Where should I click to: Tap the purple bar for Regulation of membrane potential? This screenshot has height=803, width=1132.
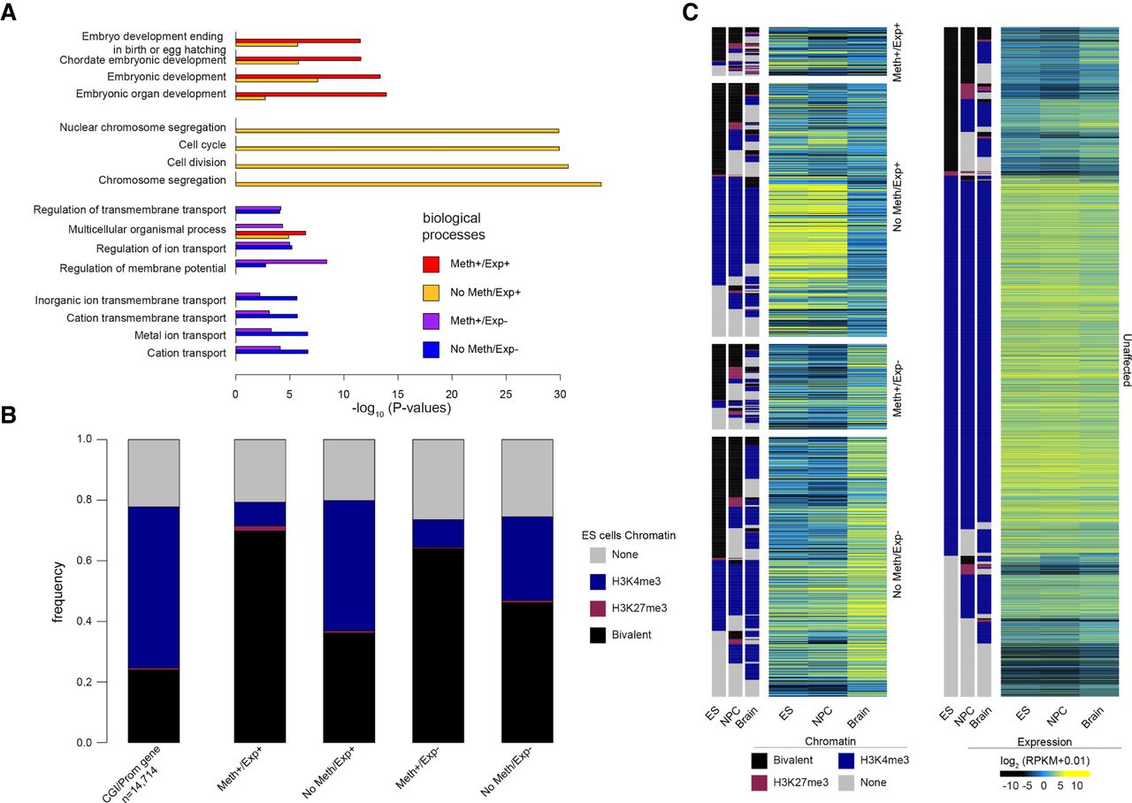tap(280, 262)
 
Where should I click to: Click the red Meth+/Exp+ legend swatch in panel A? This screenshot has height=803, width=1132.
tap(431, 264)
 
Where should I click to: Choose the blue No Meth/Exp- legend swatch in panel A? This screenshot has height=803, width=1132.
tap(431, 349)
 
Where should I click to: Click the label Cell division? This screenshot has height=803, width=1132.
tap(196, 163)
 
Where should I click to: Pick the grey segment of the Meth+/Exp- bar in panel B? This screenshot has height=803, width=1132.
tap(438, 478)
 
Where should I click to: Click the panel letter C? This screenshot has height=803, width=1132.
tap(691, 14)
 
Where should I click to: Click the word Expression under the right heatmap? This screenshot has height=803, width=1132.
tap(1045, 741)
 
